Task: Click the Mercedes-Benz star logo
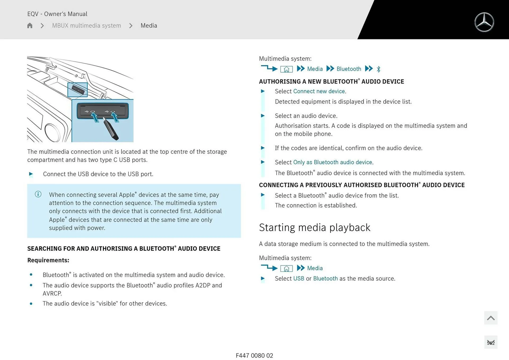point(484,22)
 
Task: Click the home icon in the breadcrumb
point(30,25)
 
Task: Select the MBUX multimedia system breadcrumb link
point(86,25)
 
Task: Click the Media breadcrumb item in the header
point(149,25)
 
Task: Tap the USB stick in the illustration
point(111,130)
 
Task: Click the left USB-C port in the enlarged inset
point(93,112)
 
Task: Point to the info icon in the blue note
point(38,194)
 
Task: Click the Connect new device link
point(319,91)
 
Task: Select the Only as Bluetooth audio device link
point(332,162)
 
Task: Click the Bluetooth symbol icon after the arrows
point(379,69)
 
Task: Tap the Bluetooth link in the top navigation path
point(349,69)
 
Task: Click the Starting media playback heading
point(314,228)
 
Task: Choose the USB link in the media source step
point(299,279)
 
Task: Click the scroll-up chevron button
point(490,318)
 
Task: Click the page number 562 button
point(490,343)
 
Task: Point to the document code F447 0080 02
point(254,355)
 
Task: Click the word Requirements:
point(48,260)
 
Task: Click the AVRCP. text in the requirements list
point(52,293)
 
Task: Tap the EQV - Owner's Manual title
point(57,14)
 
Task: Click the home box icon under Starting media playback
point(286,268)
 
